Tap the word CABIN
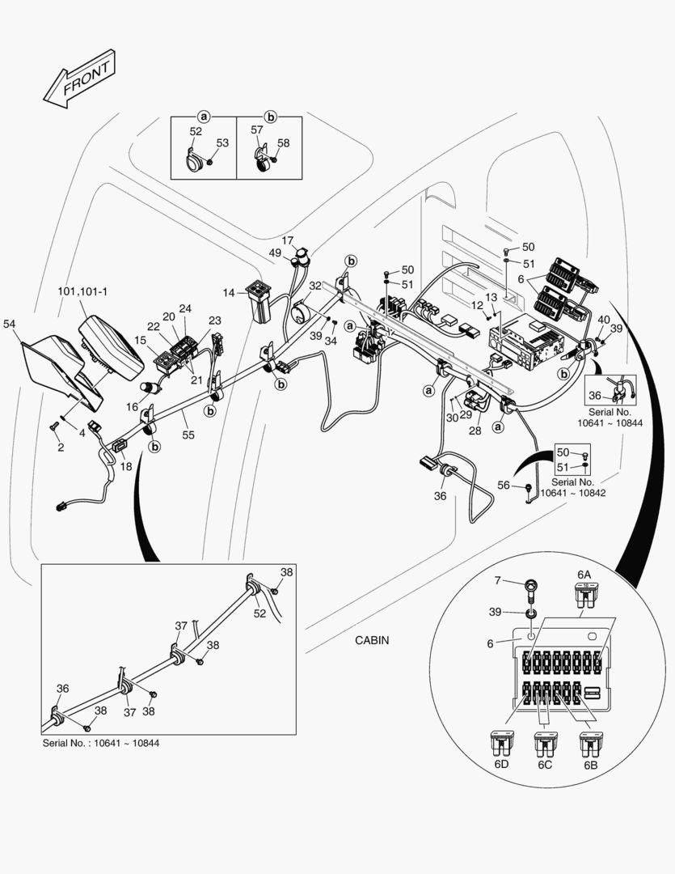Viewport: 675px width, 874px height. click(372, 640)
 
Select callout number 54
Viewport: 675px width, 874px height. click(10, 324)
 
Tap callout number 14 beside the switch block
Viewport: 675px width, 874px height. click(229, 291)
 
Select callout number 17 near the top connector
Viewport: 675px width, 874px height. click(288, 240)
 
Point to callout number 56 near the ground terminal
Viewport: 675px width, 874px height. click(504, 485)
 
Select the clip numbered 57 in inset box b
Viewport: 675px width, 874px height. click(262, 161)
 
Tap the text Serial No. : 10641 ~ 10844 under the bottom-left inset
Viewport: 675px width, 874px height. click(100, 743)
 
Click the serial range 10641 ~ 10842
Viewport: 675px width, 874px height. click(572, 492)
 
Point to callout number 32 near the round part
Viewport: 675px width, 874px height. click(314, 286)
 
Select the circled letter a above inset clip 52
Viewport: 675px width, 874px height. click(204, 117)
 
